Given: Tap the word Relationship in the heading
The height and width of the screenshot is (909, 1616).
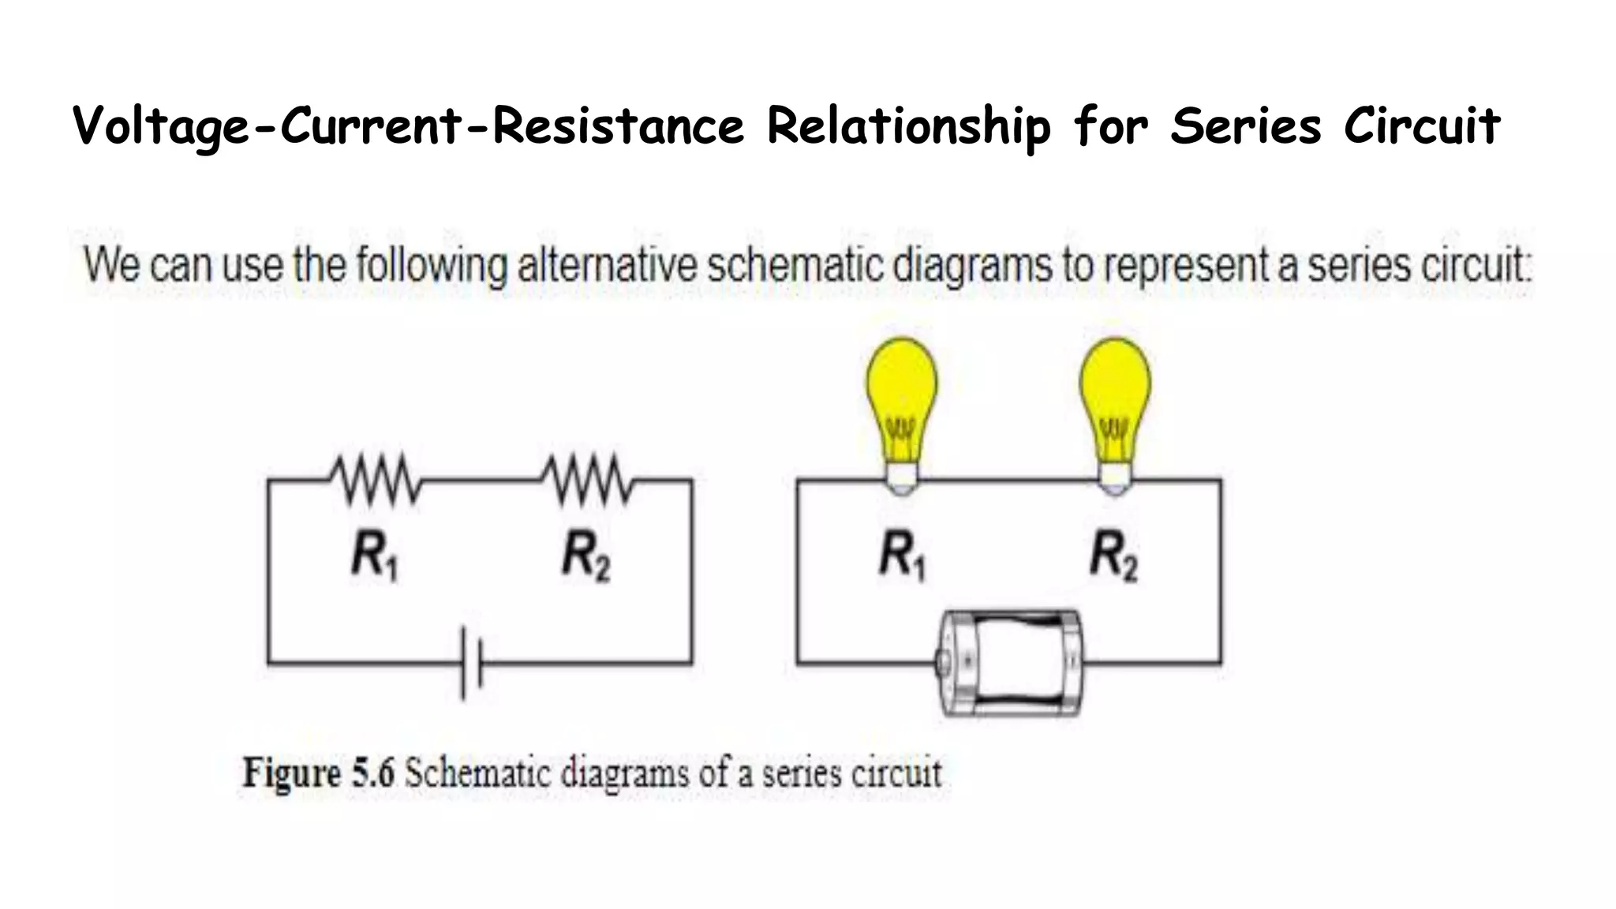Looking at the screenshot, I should point(908,126).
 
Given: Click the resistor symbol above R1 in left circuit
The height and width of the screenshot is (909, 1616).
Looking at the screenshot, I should point(376,479).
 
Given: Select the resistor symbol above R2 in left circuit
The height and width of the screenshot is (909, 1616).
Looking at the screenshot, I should point(586,479).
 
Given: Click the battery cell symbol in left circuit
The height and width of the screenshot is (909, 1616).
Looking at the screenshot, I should point(472,663).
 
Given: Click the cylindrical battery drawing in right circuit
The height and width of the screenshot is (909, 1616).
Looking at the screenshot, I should point(1010,663).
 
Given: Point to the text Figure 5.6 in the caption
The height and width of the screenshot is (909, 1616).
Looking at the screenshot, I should point(318,772).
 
